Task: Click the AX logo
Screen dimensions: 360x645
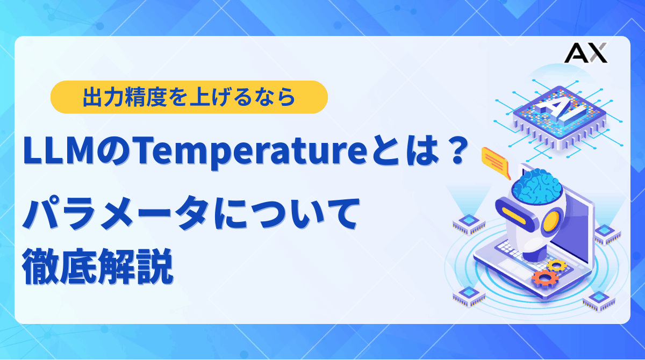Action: (587, 53)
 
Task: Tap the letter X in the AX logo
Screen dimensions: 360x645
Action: (597, 53)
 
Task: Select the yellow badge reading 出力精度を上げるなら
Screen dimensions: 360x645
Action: (189, 97)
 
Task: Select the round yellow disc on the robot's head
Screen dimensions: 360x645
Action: (556, 220)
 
